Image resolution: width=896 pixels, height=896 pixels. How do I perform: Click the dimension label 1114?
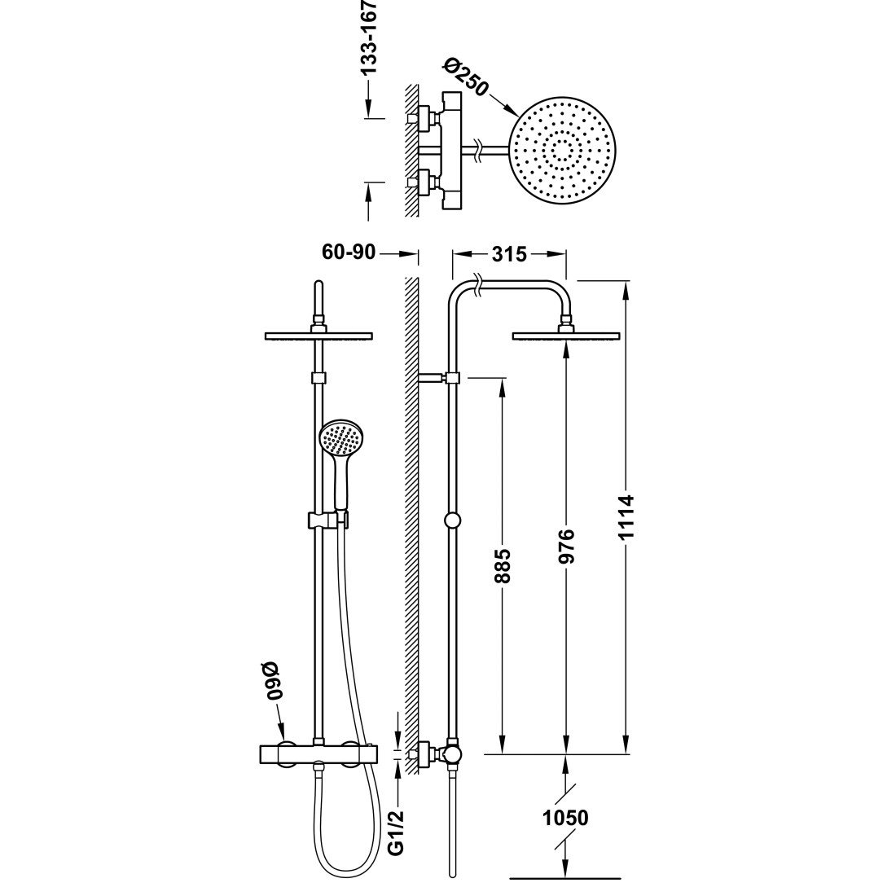click(x=627, y=517)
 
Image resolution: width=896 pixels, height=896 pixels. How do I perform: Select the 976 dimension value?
click(x=566, y=547)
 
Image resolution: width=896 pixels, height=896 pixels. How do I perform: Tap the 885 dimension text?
click(x=503, y=566)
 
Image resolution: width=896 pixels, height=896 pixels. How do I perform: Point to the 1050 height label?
click(x=565, y=818)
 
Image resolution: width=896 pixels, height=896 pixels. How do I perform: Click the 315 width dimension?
click(x=508, y=254)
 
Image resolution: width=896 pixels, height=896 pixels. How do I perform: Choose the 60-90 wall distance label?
click(x=349, y=252)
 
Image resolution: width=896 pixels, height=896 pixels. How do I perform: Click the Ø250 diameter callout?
click(x=466, y=77)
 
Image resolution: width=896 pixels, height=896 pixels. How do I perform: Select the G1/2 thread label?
click(x=395, y=832)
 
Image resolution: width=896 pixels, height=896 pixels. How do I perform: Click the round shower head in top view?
click(x=563, y=151)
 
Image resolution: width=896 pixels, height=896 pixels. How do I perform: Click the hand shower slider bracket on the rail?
click(x=328, y=520)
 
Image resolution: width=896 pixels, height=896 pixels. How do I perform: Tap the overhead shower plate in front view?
click(x=318, y=336)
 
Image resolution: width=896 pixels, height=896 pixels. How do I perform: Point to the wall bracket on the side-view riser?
click(x=438, y=377)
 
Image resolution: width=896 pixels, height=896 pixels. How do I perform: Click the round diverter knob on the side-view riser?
click(x=453, y=520)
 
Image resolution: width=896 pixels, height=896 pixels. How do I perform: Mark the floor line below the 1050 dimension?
click(x=564, y=878)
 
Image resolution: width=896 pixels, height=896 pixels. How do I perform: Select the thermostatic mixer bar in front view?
click(x=318, y=753)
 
